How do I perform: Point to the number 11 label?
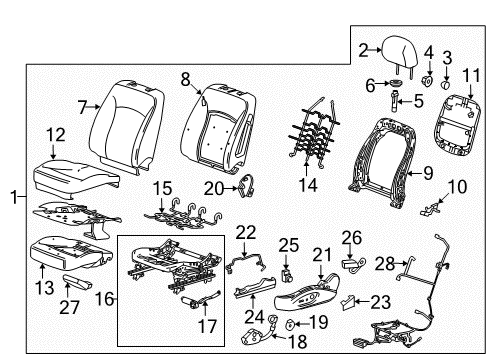(x=471, y=77)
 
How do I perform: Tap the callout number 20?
(x=211, y=189)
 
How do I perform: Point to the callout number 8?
(x=185, y=76)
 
